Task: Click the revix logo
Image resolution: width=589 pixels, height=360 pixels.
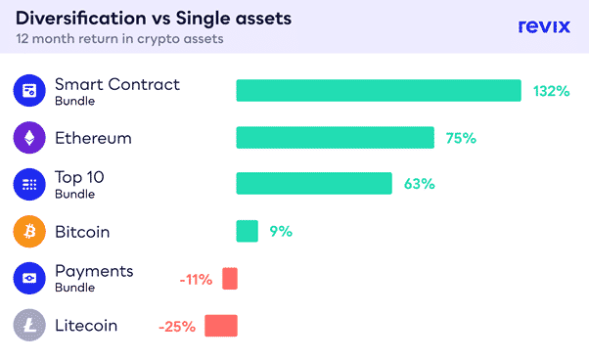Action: pyautogui.click(x=544, y=26)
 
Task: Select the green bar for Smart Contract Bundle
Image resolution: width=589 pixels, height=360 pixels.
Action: pyautogui.click(x=379, y=90)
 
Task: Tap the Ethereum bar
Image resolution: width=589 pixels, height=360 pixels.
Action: pyautogui.click(x=335, y=137)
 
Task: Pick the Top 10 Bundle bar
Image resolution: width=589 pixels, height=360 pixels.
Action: pyautogui.click(x=314, y=184)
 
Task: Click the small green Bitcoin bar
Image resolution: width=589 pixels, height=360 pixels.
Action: pyautogui.click(x=248, y=231)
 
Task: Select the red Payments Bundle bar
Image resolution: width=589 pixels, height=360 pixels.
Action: pyautogui.click(x=230, y=279)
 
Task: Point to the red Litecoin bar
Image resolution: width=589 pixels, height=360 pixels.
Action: pyautogui.click(x=221, y=326)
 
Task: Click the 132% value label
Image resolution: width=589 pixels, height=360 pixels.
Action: pyautogui.click(x=552, y=91)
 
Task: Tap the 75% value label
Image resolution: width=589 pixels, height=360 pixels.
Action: pyautogui.click(x=461, y=138)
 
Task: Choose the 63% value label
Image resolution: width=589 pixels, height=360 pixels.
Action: pyautogui.click(x=419, y=184)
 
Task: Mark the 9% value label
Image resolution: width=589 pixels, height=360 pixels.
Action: pyautogui.click(x=281, y=231)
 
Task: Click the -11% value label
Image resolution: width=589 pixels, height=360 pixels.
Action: pyautogui.click(x=196, y=280)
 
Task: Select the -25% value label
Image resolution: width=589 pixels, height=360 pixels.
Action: pyautogui.click(x=177, y=327)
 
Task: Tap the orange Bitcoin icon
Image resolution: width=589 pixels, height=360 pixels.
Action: pyautogui.click(x=29, y=231)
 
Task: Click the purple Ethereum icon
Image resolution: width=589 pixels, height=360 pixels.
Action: pyautogui.click(x=29, y=137)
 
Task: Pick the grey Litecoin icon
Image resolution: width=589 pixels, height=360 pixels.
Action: pyautogui.click(x=29, y=325)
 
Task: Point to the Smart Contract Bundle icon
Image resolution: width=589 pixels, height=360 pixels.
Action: pyautogui.click(x=29, y=90)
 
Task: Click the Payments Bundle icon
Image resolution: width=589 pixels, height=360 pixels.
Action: pyautogui.click(x=29, y=278)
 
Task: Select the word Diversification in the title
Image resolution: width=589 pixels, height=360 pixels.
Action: pyautogui.click(x=81, y=18)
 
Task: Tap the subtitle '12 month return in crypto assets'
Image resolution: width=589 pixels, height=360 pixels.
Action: pyautogui.click(x=119, y=39)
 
